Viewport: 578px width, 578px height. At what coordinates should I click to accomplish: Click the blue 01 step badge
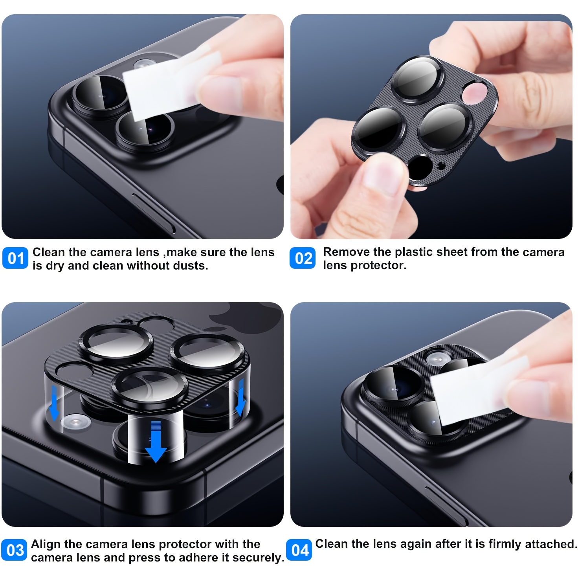click(x=15, y=259)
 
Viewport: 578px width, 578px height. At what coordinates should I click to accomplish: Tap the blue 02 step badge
click(x=302, y=259)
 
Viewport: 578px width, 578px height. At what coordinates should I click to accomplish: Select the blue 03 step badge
click(x=15, y=550)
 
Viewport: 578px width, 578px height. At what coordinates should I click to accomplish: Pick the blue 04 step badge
click(x=299, y=550)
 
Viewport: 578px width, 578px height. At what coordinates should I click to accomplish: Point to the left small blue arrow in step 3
click(x=54, y=409)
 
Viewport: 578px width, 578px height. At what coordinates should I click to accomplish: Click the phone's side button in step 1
click(x=153, y=212)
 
